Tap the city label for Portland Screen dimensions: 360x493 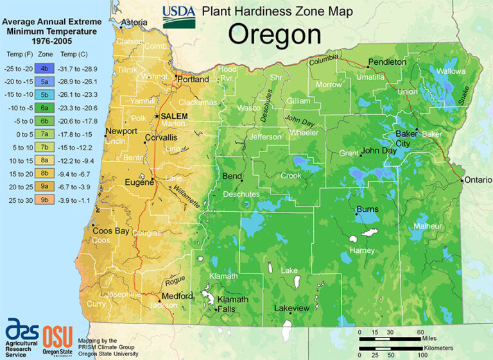(x=193, y=80)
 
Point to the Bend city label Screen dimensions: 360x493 (x=232, y=176)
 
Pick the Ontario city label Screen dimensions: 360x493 (x=476, y=180)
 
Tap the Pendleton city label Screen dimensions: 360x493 (x=387, y=62)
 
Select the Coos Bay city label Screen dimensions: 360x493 (x=112, y=231)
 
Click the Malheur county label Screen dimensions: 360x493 (x=428, y=227)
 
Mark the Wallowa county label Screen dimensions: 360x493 (x=451, y=71)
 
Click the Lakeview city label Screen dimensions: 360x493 (x=292, y=309)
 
